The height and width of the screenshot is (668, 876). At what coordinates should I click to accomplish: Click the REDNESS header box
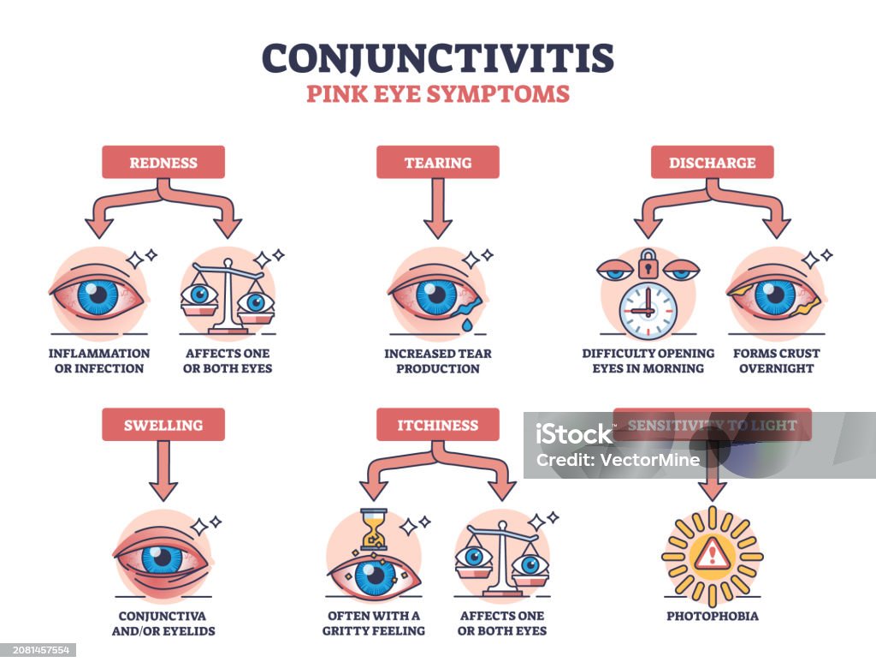pyautogui.click(x=163, y=162)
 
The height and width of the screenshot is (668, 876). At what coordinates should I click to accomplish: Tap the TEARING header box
pyautogui.click(x=437, y=162)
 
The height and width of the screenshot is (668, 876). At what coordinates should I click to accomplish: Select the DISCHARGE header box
pyautogui.click(x=712, y=162)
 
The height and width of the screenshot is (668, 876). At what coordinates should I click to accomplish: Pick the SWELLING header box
pyautogui.click(x=163, y=424)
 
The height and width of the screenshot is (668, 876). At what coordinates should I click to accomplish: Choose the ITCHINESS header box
pyautogui.click(x=437, y=424)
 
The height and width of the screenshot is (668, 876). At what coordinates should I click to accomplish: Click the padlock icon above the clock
pyautogui.click(x=647, y=263)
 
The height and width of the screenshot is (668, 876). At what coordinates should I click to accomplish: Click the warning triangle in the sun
pyautogui.click(x=712, y=557)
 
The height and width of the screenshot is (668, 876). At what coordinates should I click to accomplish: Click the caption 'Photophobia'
pyautogui.click(x=712, y=615)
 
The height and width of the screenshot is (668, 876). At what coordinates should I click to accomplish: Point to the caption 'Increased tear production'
pyautogui.click(x=437, y=361)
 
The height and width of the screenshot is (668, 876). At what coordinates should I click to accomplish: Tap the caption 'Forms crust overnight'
pyautogui.click(x=776, y=361)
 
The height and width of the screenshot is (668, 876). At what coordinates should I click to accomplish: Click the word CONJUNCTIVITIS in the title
pyautogui.click(x=437, y=57)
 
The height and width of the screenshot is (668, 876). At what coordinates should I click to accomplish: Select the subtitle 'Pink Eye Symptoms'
pyautogui.click(x=437, y=93)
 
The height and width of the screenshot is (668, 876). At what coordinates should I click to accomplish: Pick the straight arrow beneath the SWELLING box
pyautogui.click(x=163, y=471)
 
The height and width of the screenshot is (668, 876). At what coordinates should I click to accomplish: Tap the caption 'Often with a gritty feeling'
pyautogui.click(x=374, y=623)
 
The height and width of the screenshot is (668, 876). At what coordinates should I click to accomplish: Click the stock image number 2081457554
pyautogui.click(x=38, y=650)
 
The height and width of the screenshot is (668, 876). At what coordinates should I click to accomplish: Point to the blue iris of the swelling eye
pyautogui.click(x=161, y=559)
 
